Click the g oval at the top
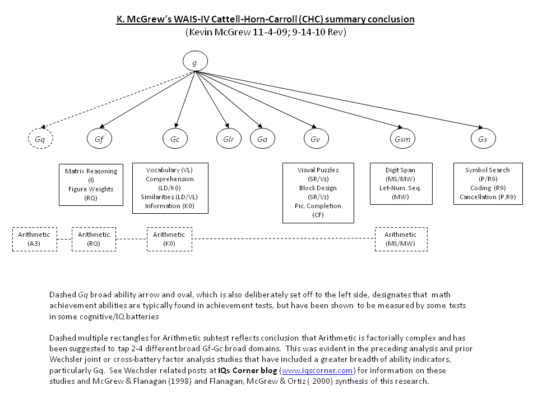[x=194, y=62]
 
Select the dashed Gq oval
[x=40, y=138]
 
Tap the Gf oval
[x=100, y=138]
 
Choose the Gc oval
[x=175, y=138]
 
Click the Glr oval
[x=228, y=138]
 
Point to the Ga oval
[x=262, y=138]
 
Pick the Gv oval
[x=316, y=138]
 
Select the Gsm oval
[x=401, y=138]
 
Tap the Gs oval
[x=483, y=138]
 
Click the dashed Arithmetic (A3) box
[x=35, y=239]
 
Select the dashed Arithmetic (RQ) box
[x=94, y=239]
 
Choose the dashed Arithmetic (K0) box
[x=169, y=239]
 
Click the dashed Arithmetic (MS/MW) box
[x=400, y=239]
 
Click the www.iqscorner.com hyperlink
[x=317, y=370]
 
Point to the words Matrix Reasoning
[x=91, y=171]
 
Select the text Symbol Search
[x=488, y=170]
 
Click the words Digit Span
[x=400, y=170]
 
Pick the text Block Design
[x=318, y=188]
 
